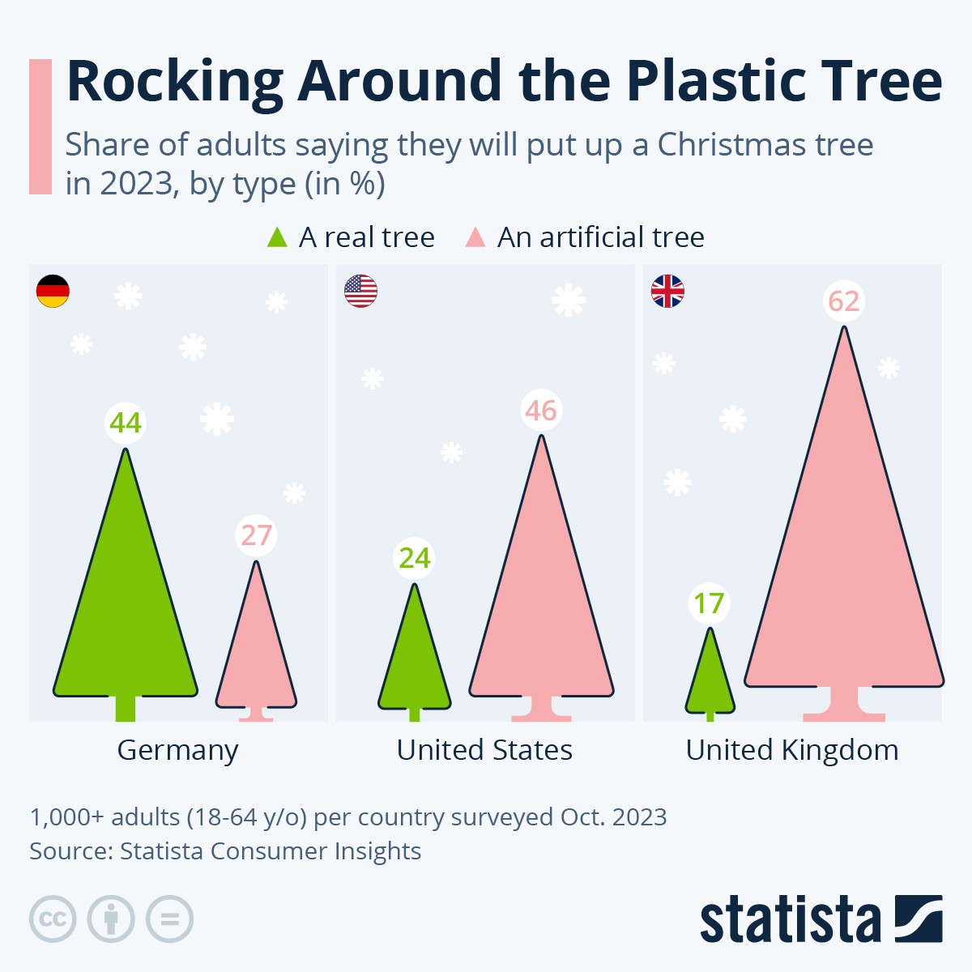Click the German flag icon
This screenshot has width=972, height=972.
(x=53, y=291)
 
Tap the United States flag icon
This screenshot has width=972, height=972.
(x=360, y=291)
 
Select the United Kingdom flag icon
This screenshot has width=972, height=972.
(x=667, y=291)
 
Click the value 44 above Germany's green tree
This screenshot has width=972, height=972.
(x=126, y=423)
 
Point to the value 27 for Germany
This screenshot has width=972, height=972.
(x=256, y=535)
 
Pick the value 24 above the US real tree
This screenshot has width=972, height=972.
(x=415, y=558)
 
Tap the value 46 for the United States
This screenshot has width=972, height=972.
(x=541, y=411)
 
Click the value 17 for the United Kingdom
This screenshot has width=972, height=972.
(x=710, y=603)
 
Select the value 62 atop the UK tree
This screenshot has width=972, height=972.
(x=844, y=301)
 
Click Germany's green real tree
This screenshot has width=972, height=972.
(x=126, y=616)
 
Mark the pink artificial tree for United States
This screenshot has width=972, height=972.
(x=541, y=616)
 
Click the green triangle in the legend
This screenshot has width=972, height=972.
(x=277, y=237)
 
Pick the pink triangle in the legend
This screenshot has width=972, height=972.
(x=475, y=237)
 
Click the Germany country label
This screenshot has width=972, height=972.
(x=177, y=750)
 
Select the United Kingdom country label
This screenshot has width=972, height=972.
(x=792, y=750)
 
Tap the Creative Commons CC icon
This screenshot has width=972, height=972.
(x=53, y=919)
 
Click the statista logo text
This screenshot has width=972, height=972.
(x=790, y=919)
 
